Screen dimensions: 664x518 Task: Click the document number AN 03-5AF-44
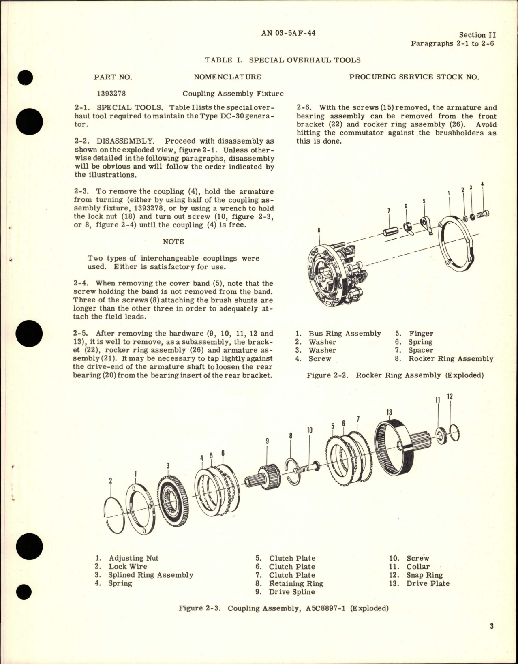(x=289, y=33)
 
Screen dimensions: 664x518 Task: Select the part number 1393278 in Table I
(x=111, y=93)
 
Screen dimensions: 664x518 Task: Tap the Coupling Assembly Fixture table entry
(x=233, y=94)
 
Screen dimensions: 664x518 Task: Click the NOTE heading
(x=173, y=242)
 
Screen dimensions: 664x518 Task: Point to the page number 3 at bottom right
(x=491, y=638)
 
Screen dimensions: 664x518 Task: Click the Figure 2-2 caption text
(x=395, y=375)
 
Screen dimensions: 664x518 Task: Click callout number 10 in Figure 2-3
(x=310, y=431)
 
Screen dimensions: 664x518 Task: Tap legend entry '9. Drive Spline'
(x=286, y=592)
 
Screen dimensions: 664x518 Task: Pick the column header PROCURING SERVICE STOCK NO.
(x=414, y=77)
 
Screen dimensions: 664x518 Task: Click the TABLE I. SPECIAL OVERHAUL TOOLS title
(x=283, y=60)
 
